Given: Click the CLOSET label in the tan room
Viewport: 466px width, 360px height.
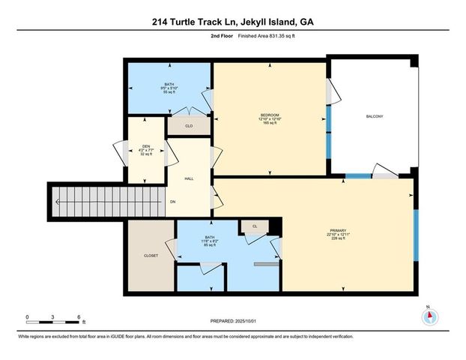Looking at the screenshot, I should [151, 256].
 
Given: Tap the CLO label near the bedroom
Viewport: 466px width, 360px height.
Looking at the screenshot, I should [189, 126].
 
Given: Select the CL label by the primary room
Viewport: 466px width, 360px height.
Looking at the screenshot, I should [255, 225].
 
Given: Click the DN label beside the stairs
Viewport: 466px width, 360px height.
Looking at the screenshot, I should [173, 202].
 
